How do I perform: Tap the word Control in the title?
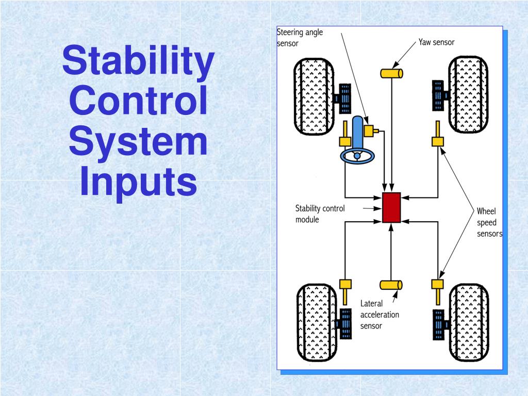tap(138, 102)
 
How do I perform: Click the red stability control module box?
tap(392, 207)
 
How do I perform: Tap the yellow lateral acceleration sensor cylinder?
tap(391, 285)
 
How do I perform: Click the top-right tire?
tap(468, 96)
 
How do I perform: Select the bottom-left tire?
tap(316, 323)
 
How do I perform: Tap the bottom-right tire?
tap(468, 323)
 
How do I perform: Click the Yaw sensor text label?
tap(436, 42)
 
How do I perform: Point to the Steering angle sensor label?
tap(300, 38)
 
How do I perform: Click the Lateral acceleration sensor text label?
tap(379, 315)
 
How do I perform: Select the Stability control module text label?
tap(320, 214)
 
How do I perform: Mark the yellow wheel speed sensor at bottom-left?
tap(345, 284)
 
